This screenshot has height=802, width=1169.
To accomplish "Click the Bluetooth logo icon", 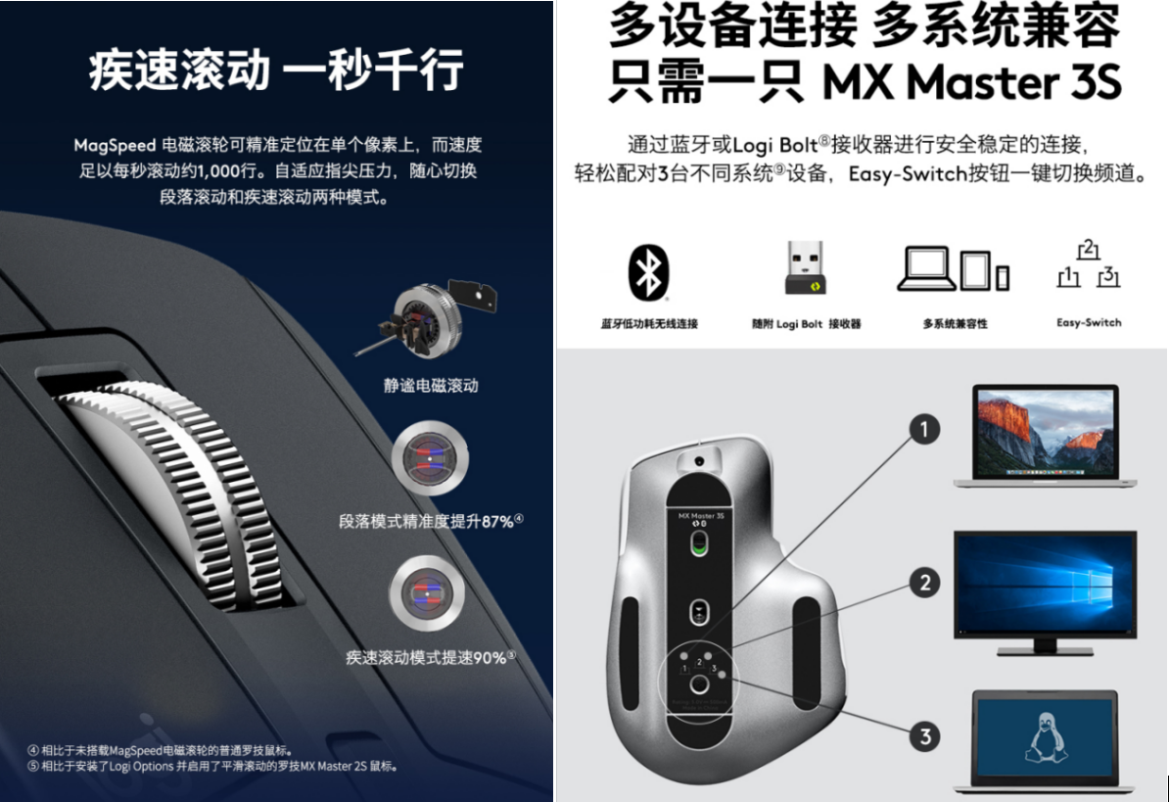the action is pos(647,269).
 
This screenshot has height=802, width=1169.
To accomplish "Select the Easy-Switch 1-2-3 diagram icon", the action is pos(1088,267).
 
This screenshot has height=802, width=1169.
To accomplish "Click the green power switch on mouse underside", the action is pos(698,544).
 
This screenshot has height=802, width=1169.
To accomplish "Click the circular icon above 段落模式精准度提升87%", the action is pos(429,458).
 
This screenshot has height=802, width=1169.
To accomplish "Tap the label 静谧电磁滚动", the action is pos(430,385).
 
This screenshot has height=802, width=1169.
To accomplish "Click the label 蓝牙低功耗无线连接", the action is pos(649,323).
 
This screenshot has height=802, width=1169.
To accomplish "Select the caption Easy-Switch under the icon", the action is pos(1089,322).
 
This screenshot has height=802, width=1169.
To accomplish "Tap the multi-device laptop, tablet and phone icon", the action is pos(954,268).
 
